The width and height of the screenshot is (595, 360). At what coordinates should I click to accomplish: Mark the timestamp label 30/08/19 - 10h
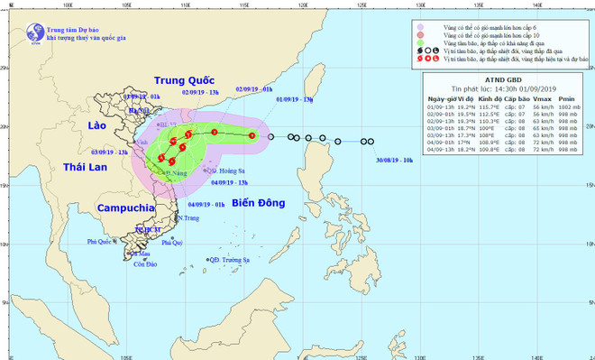coord(395,158)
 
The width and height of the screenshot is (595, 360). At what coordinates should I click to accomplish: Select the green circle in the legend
coord(421,42)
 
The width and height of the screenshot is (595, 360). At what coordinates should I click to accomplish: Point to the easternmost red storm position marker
coord(252,135)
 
